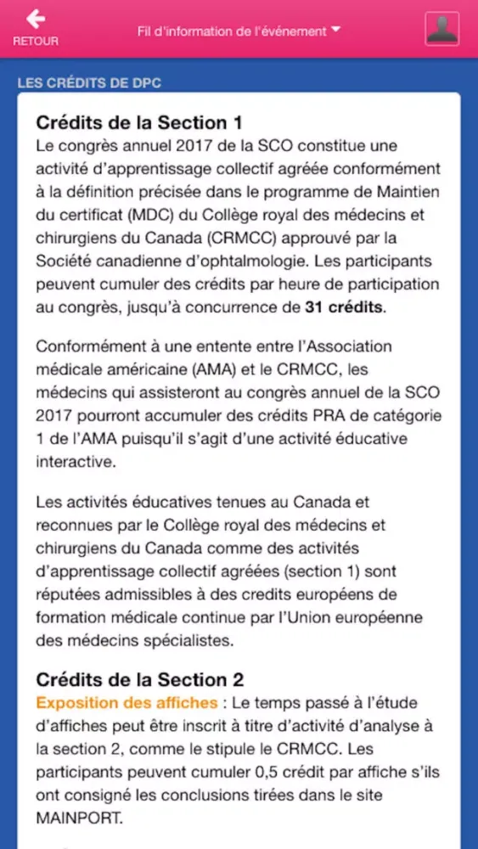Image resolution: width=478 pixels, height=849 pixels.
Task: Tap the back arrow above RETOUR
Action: point(36,19)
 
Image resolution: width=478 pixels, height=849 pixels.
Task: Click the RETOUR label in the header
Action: point(36,41)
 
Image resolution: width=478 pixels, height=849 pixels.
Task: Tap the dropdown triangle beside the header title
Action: point(336,30)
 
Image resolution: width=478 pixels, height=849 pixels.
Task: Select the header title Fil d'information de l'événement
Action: point(231,31)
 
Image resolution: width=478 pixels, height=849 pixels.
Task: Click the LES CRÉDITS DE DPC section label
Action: point(89,82)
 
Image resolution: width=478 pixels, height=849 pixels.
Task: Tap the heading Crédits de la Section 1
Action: point(132,122)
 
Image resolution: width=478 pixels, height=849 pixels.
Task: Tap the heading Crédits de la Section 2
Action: point(140,679)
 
